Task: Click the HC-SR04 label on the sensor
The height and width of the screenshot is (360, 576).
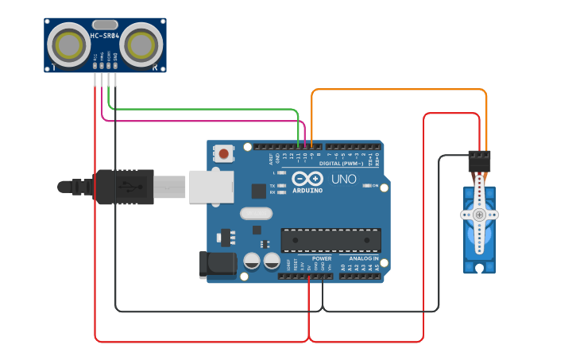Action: point(105,35)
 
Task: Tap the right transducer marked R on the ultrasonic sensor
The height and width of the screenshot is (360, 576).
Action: point(143,45)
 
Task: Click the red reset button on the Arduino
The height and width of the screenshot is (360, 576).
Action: point(224,153)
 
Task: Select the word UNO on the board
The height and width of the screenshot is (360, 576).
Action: point(343,179)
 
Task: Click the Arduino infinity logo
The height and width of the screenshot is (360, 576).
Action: point(307,179)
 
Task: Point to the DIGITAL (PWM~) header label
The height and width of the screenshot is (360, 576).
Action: point(340,163)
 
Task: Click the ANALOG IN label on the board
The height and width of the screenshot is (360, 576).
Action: point(364,258)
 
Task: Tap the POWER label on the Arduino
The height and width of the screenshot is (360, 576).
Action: point(322,258)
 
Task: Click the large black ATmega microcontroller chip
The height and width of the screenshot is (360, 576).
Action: point(331,240)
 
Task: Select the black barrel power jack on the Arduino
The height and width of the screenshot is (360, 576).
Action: point(218,264)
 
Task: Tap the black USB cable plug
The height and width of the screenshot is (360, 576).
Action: point(124,187)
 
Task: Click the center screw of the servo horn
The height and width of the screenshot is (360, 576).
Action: point(479,215)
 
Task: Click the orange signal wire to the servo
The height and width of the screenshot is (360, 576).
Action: point(397,90)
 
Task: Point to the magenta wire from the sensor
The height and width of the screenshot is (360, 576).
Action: point(199,121)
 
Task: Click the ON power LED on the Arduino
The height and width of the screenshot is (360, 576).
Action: point(368,185)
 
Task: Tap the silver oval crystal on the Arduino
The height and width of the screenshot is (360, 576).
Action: point(255,213)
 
